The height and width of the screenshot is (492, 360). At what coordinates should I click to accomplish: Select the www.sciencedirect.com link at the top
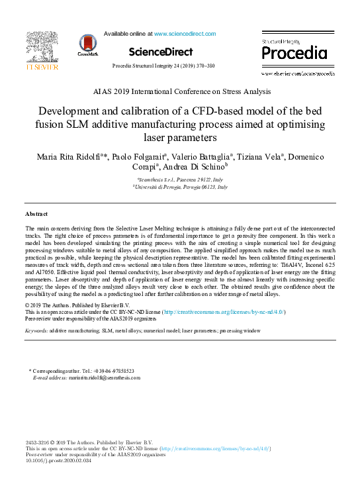coord(185,33)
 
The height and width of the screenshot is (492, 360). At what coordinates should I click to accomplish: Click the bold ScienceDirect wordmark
coord(161,52)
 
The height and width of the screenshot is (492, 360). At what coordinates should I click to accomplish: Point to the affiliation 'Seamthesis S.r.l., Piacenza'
coord(179,180)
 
